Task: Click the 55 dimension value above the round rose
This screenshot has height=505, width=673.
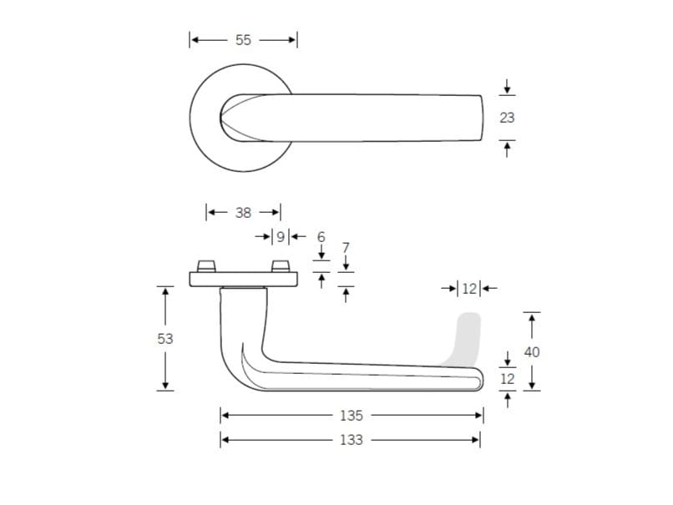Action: (x=243, y=39)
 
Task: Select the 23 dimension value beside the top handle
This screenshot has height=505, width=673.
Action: (x=507, y=118)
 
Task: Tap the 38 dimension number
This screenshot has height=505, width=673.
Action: (x=243, y=212)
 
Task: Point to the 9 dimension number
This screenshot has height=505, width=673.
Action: (x=281, y=236)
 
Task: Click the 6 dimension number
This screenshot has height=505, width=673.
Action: (x=321, y=237)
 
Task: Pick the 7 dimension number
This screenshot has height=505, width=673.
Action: (x=346, y=248)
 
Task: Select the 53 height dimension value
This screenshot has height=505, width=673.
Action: (x=164, y=339)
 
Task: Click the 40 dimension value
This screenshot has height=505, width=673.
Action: (x=532, y=351)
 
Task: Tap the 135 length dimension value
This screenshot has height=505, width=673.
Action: (x=352, y=415)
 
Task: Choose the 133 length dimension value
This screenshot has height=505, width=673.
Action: (x=352, y=439)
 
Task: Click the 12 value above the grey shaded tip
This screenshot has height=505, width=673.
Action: (x=469, y=289)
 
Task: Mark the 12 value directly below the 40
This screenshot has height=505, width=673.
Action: (x=508, y=378)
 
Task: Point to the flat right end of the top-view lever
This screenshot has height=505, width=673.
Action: (x=482, y=119)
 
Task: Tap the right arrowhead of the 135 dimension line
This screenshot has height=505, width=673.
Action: (x=478, y=415)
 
